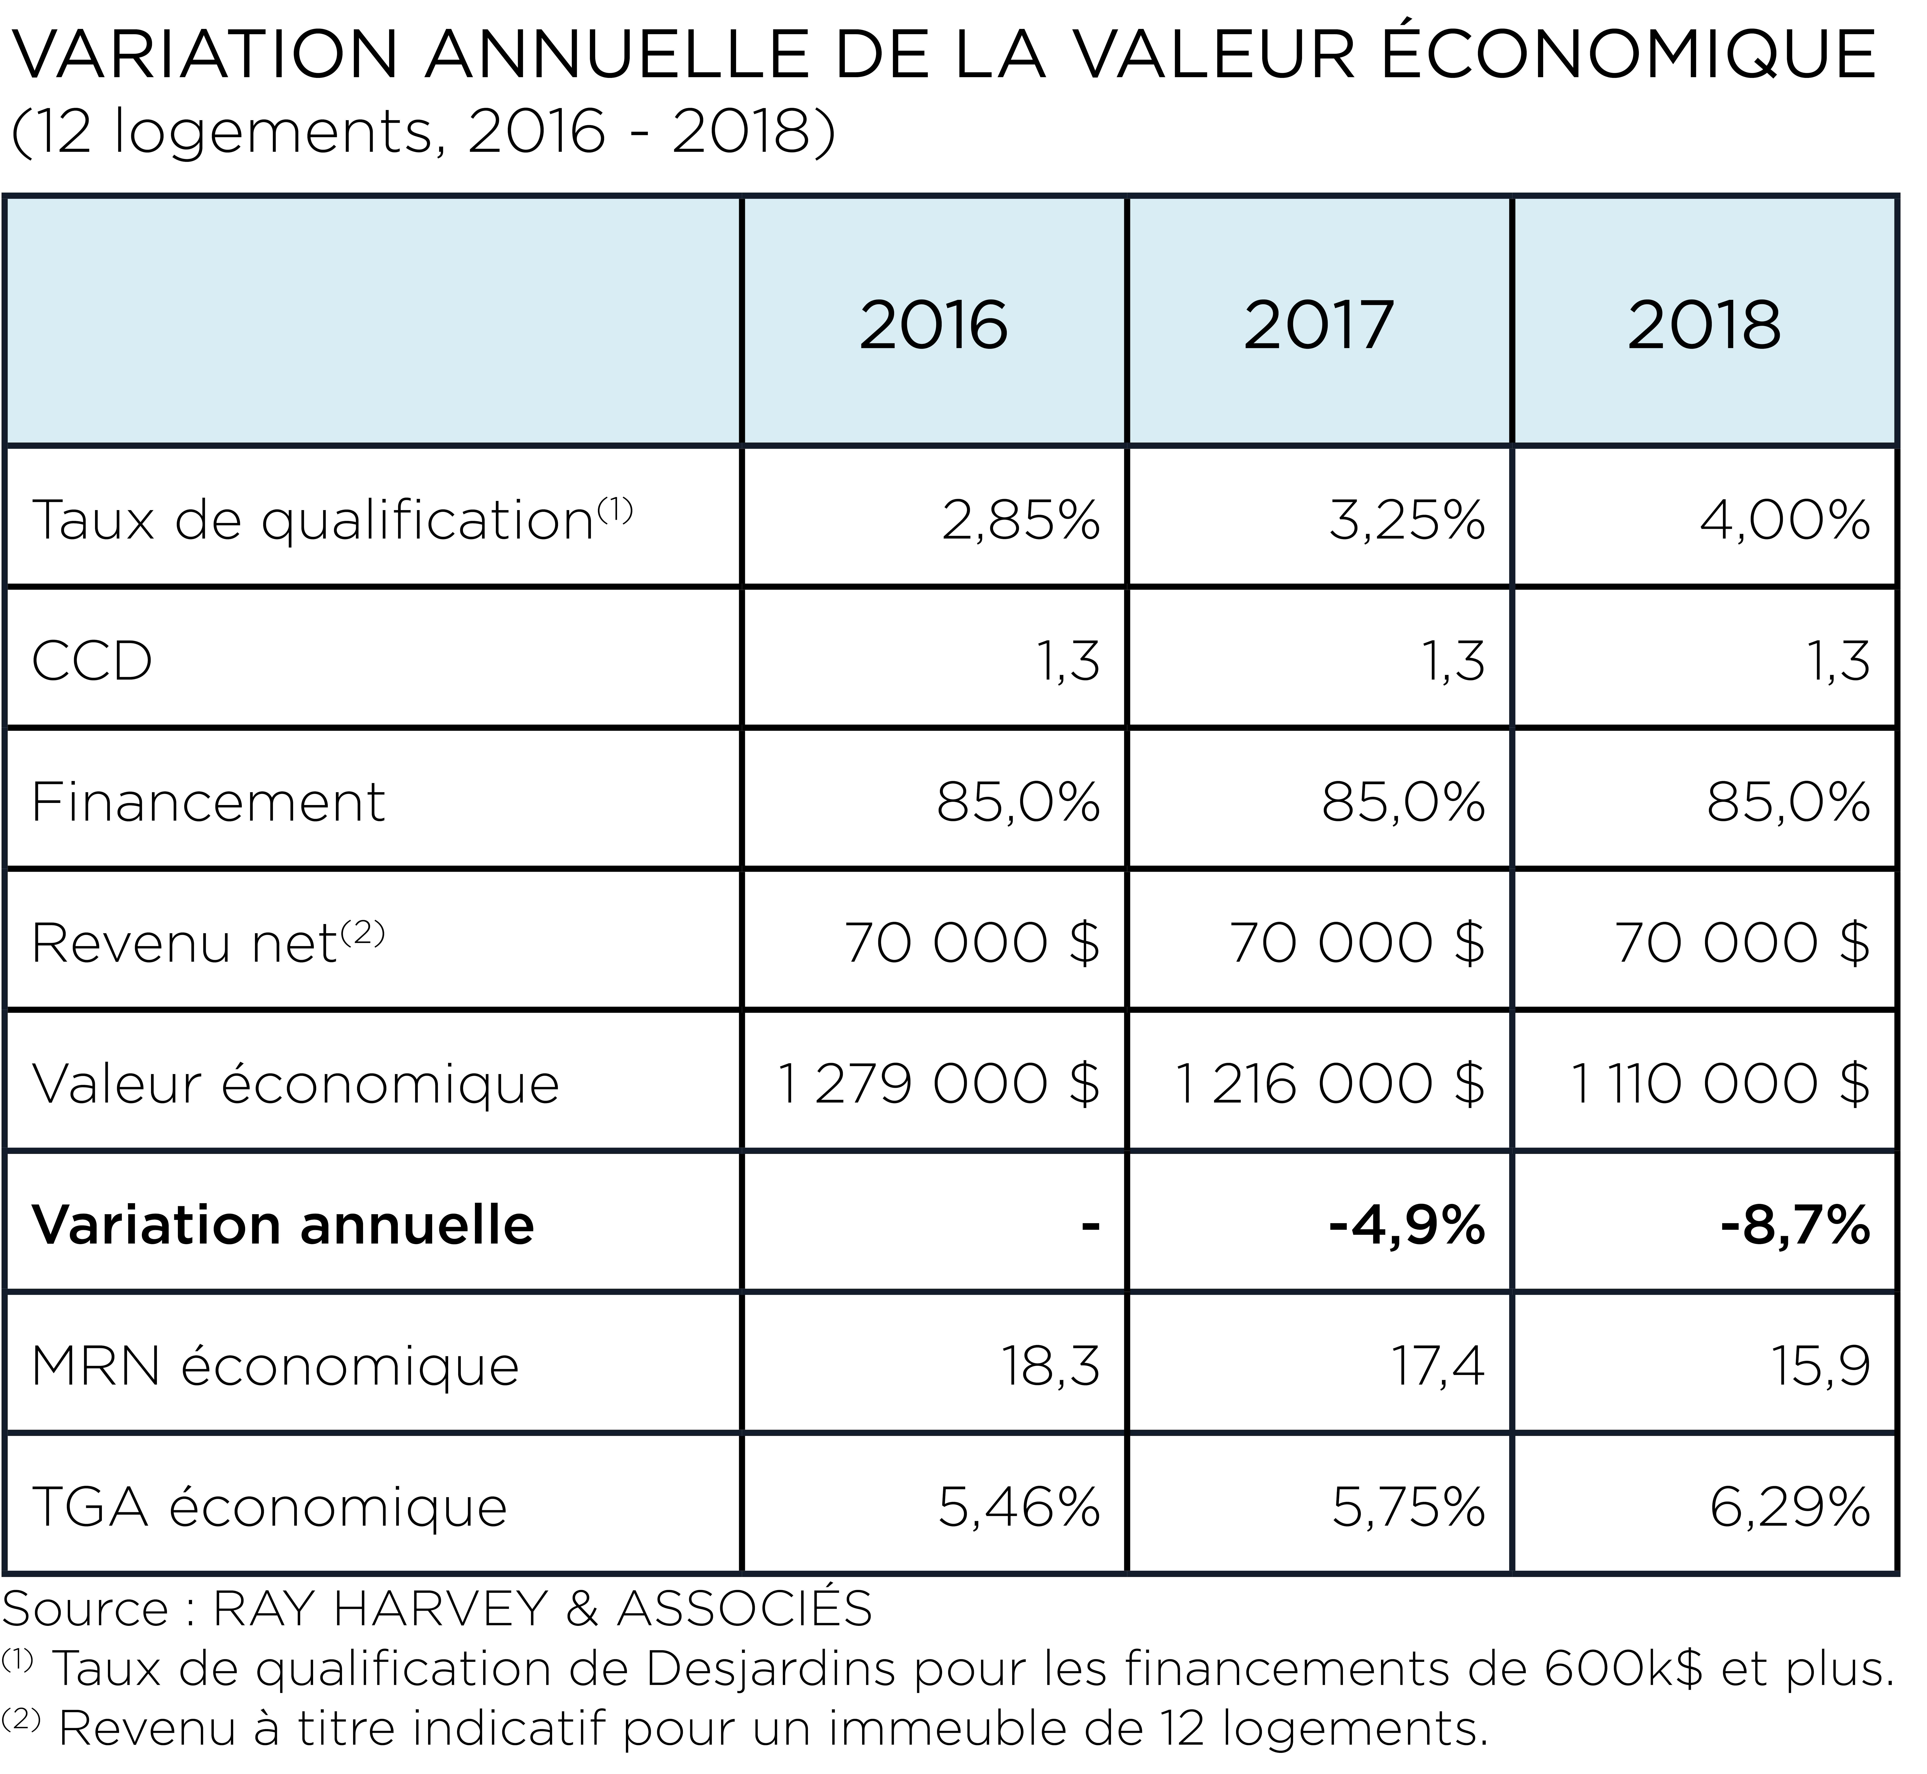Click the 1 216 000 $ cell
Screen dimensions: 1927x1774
pos(1330,1084)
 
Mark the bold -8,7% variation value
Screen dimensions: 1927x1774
pos(1796,1225)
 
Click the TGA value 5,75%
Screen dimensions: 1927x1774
pos(1409,1507)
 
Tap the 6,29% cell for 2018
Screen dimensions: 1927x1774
pos(1791,1507)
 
